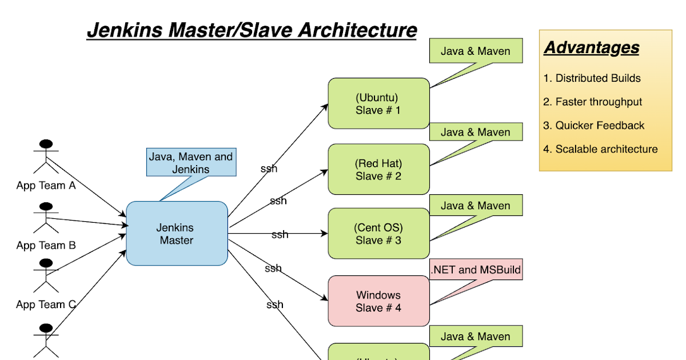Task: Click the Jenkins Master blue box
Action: click(177, 234)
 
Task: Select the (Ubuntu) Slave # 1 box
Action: click(378, 103)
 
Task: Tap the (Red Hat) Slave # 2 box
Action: click(378, 170)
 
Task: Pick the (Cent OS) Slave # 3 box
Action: click(378, 234)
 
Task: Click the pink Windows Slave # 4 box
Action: click(378, 301)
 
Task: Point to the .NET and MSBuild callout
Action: click(476, 270)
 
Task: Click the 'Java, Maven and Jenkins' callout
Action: click(190, 162)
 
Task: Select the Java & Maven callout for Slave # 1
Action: click(476, 51)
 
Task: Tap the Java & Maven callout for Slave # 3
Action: click(476, 206)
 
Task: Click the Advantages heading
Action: click(591, 47)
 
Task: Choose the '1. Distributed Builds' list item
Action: click(592, 78)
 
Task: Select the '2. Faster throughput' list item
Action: click(592, 102)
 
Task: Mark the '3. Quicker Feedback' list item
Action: click(593, 125)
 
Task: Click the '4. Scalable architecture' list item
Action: click(600, 149)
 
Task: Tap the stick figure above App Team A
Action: click(46, 157)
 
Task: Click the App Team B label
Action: click(46, 245)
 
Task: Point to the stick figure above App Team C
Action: click(46, 275)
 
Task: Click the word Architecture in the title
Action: click(360, 30)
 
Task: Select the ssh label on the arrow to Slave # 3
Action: click(280, 234)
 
